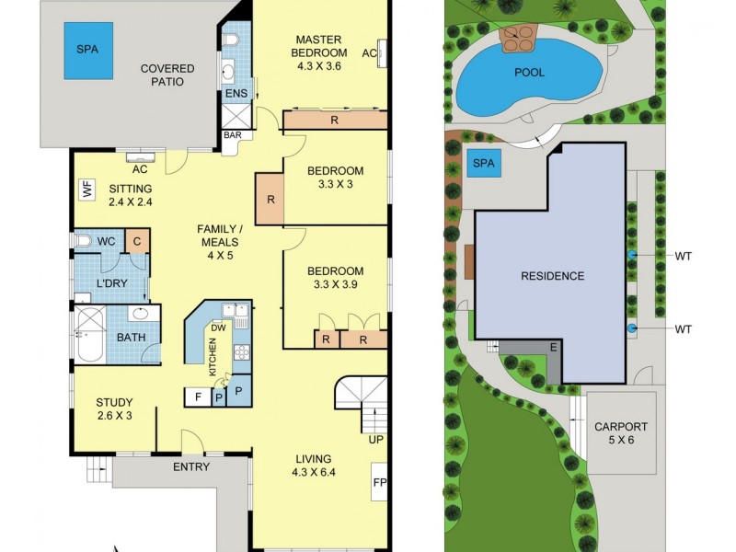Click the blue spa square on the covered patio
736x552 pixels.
tap(89, 50)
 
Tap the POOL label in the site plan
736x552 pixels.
tap(529, 72)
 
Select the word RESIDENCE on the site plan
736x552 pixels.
tap(552, 275)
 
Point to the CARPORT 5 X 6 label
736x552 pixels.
tap(620, 433)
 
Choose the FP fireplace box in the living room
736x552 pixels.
tap(380, 482)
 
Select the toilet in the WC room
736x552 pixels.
tap(85, 241)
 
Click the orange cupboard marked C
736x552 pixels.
tap(136, 241)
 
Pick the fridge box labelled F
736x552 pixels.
tap(197, 397)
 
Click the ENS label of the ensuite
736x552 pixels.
tap(235, 94)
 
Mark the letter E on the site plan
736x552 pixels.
tap(553, 347)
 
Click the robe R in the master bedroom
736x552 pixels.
tap(334, 120)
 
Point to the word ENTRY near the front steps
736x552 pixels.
tap(191, 466)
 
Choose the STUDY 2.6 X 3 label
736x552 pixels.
tap(115, 408)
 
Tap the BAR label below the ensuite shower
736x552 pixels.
tap(234, 135)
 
